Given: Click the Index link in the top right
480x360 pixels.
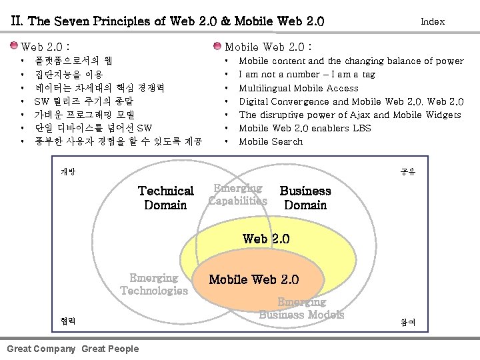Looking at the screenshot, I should pyautogui.click(x=432, y=21).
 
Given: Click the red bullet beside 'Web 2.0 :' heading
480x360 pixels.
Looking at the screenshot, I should pyautogui.click(x=15, y=47).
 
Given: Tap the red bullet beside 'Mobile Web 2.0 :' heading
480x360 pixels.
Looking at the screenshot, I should pyautogui.click(x=217, y=47).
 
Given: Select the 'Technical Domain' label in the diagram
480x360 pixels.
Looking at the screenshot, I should pyautogui.click(x=165, y=198).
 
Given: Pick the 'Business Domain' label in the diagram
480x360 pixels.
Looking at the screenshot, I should pyautogui.click(x=305, y=198).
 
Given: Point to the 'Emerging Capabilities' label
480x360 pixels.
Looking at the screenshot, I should pyautogui.click(x=237, y=194).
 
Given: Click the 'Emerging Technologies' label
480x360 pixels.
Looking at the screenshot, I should pyautogui.click(x=154, y=284).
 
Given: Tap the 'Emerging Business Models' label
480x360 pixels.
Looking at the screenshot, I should pyautogui.click(x=301, y=308).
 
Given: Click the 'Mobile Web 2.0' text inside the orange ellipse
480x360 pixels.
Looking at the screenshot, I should pyautogui.click(x=254, y=279).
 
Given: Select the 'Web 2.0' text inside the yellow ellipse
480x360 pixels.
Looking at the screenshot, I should pyautogui.click(x=266, y=239).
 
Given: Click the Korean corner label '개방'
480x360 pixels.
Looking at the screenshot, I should pyautogui.click(x=68, y=172).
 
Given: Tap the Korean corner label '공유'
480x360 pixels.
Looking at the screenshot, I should pyautogui.click(x=407, y=172).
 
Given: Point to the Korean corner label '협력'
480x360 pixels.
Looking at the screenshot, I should pyautogui.click(x=68, y=321).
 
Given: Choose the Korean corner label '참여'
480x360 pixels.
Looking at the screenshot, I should pyautogui.click(x=407, y=322).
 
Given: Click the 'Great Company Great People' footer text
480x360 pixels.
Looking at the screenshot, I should pyautogui.click(x=73, y=349).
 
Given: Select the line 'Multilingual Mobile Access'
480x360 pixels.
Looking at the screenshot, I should pyautogui.click(x=298, y=88).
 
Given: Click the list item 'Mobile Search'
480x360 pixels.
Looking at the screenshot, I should pyautogui.click(x=270, y=141).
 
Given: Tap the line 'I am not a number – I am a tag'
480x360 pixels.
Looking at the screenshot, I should pyautogui.click(x=307, y=75).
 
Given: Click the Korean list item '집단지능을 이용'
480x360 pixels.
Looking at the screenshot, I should pyautogui.click(x=69, y=75).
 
